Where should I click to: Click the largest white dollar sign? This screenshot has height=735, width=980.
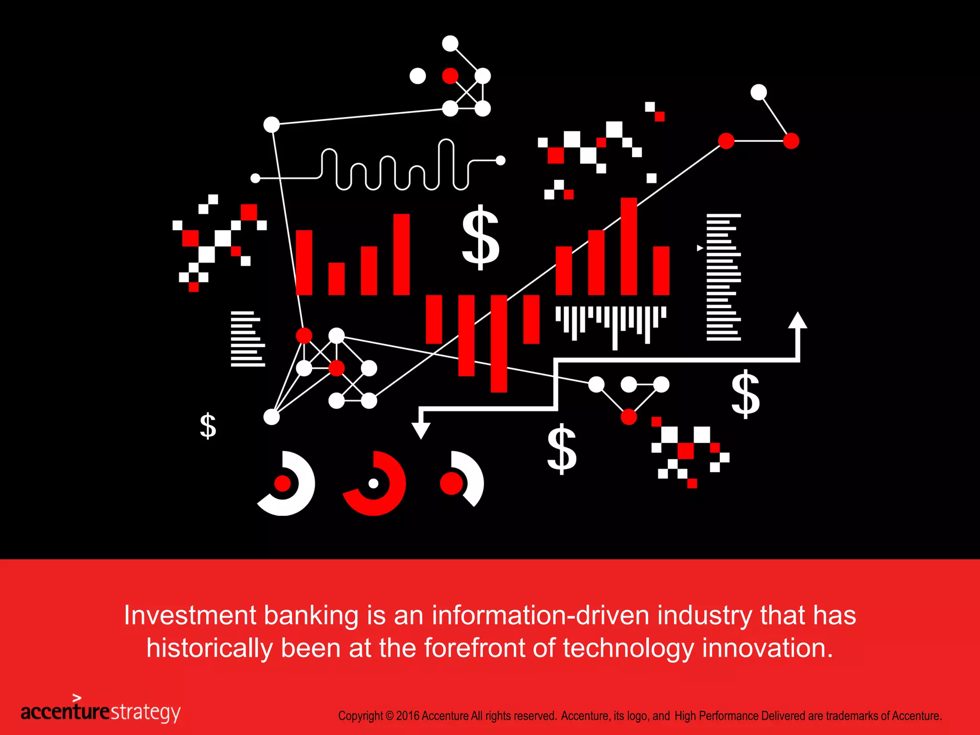tap(480, 237)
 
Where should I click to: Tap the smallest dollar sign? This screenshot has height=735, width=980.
tap(208, 425)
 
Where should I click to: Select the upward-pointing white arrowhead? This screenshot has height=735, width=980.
tap(797, 321)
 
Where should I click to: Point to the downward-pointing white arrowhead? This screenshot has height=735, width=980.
tap(421, 430)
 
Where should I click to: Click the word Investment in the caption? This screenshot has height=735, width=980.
tap(190, 615)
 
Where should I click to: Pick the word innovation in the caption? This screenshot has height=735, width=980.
tap(767, 648)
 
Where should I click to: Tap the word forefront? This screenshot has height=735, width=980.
tap(475, 648)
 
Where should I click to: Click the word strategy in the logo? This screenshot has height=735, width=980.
tap(145, 712)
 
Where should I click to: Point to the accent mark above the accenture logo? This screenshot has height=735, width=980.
tap(77, 698)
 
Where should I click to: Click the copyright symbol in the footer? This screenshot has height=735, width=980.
tap(389, 716)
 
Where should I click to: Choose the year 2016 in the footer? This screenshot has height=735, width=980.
tap(408, 716)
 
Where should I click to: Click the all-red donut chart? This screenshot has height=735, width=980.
tap(375, 483)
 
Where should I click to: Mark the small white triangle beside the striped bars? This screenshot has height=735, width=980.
tap(700, 248)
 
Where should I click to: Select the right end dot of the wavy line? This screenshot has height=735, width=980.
tap(501, 160)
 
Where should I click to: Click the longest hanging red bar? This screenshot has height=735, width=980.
tap(499, 343)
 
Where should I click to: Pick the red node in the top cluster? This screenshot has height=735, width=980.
tap(450, 76)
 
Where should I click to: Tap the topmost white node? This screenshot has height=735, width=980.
tap(450, 44)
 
